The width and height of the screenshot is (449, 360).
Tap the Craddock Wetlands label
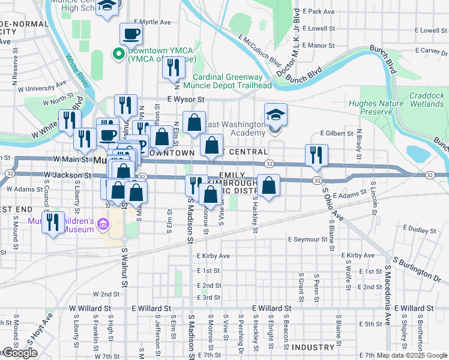pos(427,100)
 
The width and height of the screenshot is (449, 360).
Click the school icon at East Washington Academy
pos(276,114)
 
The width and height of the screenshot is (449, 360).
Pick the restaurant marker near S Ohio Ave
pos(316,155)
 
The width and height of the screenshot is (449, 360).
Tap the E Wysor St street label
pos(186,99)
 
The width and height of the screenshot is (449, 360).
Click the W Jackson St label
pos(67,176)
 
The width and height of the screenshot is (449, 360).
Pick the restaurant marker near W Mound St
pos(53,223)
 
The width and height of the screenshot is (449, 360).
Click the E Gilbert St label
pos(335,133)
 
